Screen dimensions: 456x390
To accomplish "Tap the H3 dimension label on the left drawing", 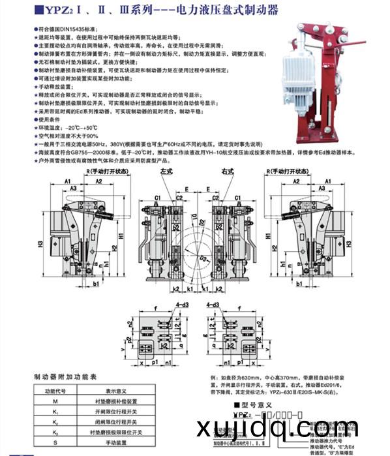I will pyautogui.click(x=40, y=243).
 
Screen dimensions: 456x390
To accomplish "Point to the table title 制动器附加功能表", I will pyautogui.click(x=65, y=376).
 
